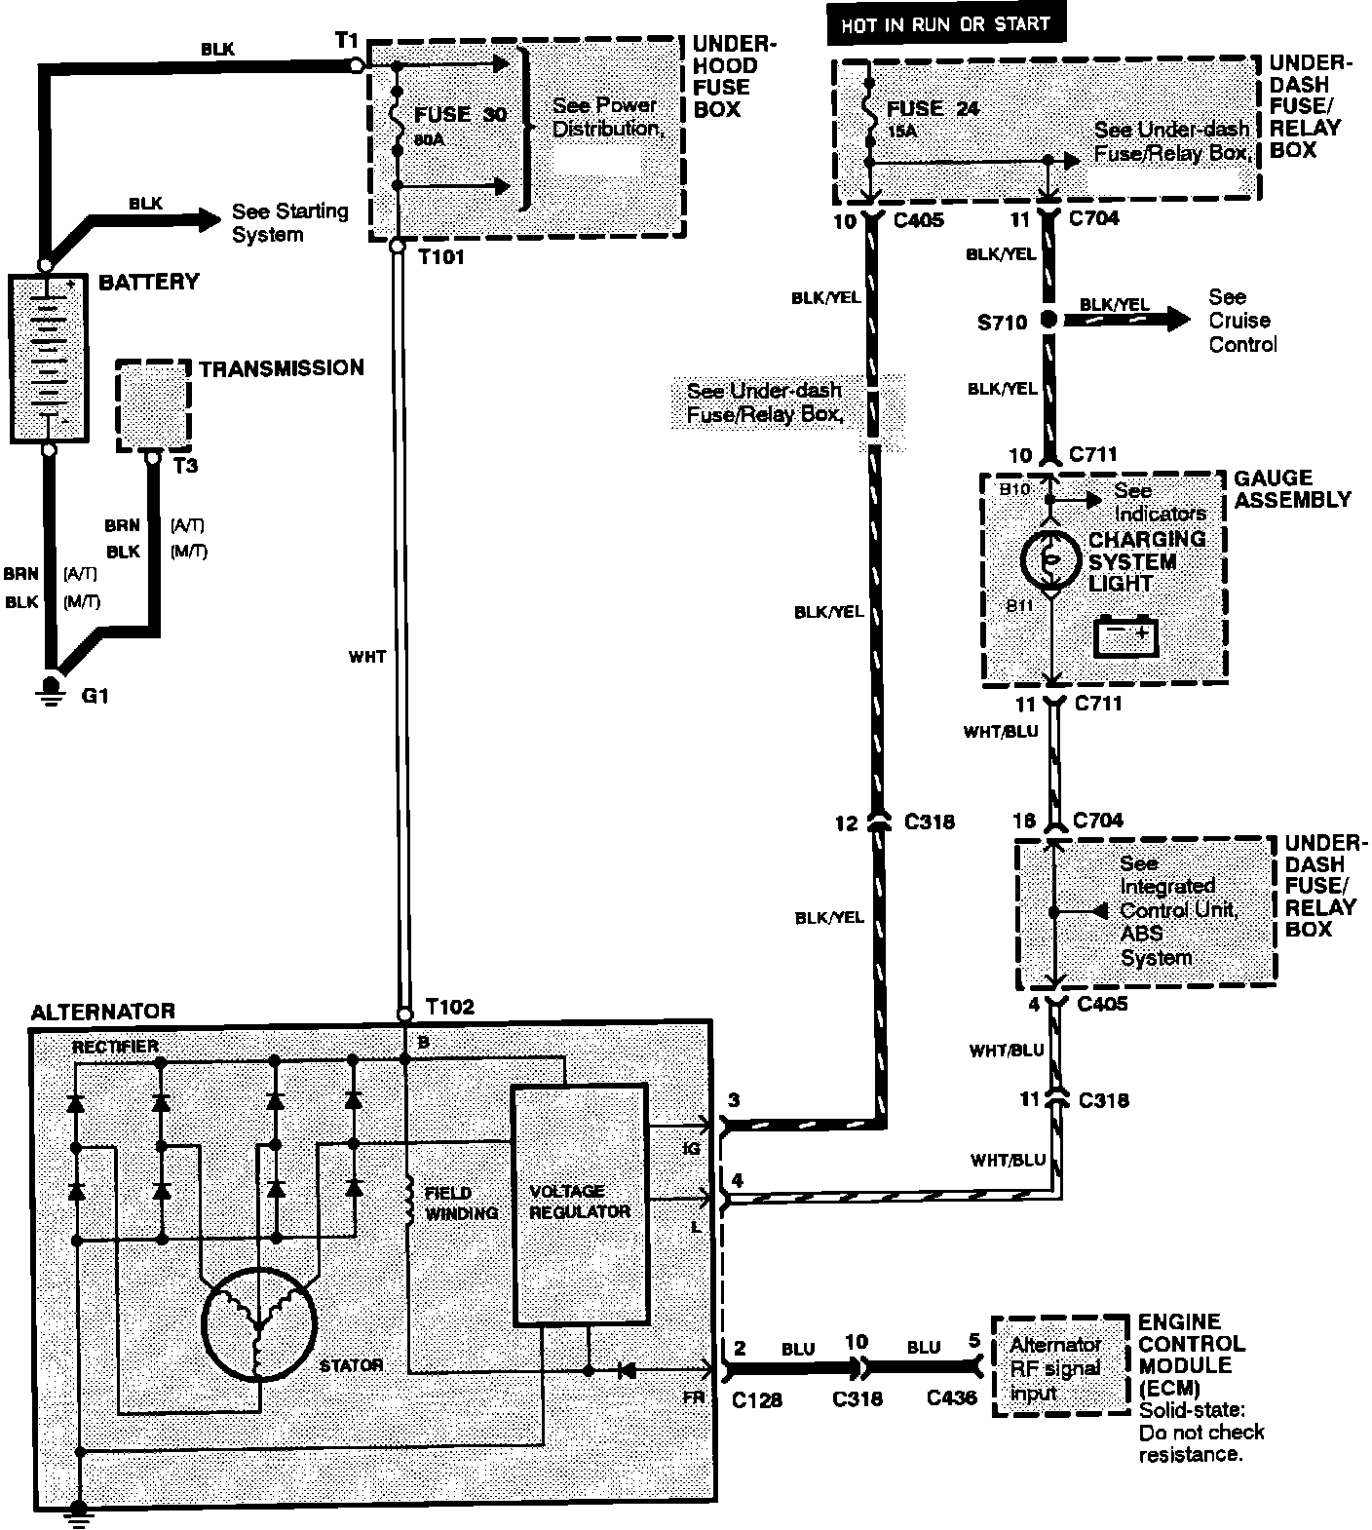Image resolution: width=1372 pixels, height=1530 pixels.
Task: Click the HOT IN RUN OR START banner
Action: [945, 24]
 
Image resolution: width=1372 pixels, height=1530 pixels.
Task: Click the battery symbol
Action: [46, 359]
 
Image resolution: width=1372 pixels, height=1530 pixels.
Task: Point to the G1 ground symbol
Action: [46, 689]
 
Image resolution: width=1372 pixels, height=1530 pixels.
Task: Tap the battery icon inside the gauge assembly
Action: [1125, 636]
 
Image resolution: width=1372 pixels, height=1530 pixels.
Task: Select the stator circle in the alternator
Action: [259, 1323]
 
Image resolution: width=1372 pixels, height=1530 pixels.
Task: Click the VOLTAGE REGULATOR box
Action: [580, 1205]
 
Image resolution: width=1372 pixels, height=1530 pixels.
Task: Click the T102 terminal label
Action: [449, 1007]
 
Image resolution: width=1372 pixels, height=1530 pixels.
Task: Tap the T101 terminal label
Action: [440, 258]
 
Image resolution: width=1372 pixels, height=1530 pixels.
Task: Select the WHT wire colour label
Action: [366, 657]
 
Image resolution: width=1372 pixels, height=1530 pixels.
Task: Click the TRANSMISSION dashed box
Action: [153, 405]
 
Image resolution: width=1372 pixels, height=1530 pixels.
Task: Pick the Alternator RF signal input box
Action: [1056, 1366]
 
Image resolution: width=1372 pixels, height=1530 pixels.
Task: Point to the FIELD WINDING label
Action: [461, 1204]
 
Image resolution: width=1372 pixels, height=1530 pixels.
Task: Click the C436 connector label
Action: [952, 1397]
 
